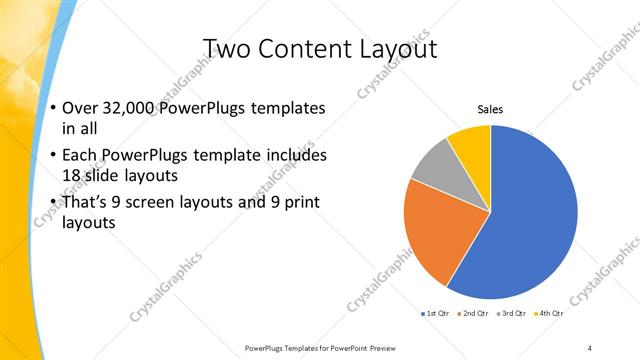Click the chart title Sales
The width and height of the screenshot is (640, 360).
point(490,109)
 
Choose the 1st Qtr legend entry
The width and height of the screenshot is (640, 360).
point(435,314)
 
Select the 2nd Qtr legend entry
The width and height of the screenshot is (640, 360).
point(472,314)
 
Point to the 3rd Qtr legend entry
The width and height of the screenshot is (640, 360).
point(510,314)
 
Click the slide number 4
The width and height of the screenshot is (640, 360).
point(590,347)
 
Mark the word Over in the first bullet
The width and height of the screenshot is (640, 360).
point(79,108)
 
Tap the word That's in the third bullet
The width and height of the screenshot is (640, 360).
point(86,204)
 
